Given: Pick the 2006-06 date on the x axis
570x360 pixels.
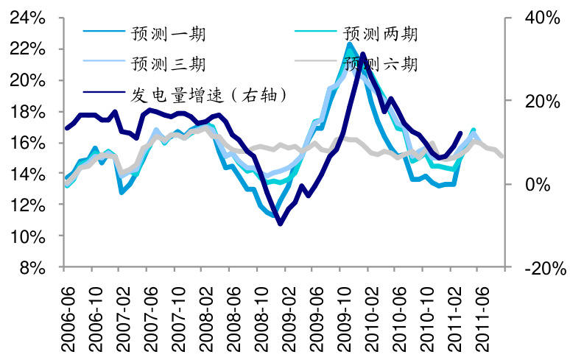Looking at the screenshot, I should [66, 314].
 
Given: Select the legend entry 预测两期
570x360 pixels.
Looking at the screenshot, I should [380, 34].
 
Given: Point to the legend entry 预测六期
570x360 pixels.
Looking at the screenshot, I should [380, 64].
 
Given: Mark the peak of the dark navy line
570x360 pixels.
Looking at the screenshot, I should [362, 54].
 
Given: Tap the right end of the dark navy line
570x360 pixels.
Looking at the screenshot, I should [461, 133].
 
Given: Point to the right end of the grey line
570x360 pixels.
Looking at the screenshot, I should [503, 156].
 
